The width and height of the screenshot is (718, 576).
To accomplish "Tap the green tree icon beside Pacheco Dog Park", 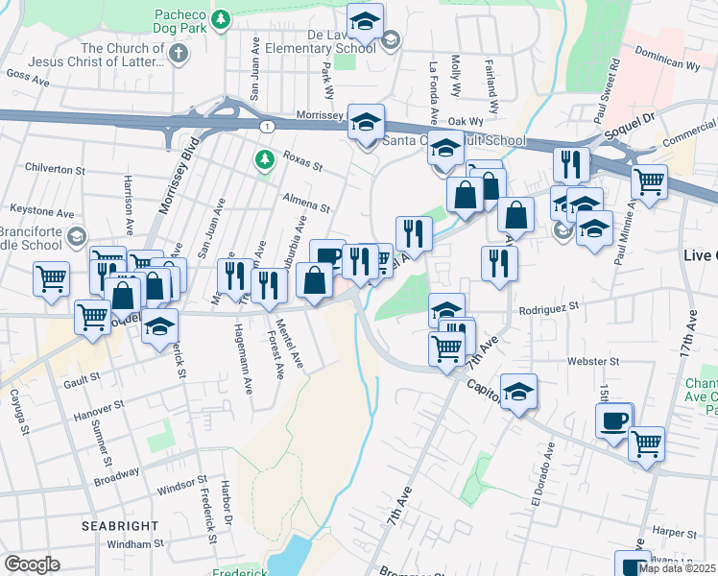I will tap(221, 18).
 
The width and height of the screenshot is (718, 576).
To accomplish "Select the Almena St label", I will tap(305, 201).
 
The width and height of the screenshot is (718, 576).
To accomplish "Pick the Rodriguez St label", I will tap(551, 307).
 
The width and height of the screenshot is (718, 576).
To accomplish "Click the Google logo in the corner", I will tap(32, 564).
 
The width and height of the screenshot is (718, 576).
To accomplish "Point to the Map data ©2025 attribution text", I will tap(677, 568).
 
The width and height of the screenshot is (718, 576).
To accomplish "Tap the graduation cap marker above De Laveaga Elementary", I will tap(365, 20).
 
